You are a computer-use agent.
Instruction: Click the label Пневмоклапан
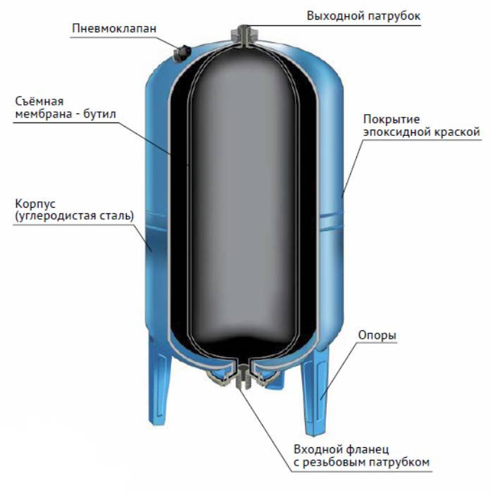tap(114, 28)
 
